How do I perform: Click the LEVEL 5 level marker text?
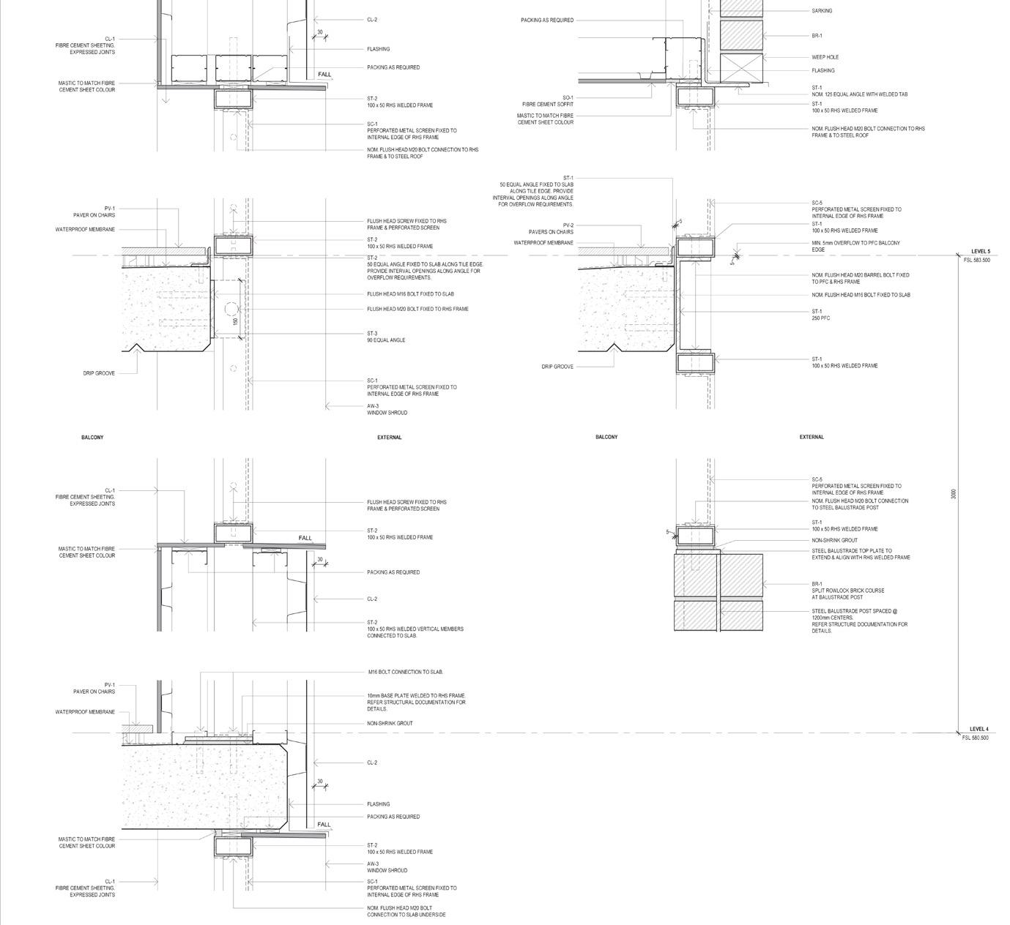coord(980,252)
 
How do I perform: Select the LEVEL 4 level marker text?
coord(979,729)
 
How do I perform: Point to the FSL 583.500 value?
coord(976,261)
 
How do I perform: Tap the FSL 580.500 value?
coord(975,738)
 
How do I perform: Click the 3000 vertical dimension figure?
coord(953,495)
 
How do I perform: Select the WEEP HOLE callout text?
coord(825,57)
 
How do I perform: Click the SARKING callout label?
coord(822,11)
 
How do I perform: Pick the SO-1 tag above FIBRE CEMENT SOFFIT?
coord(568,98)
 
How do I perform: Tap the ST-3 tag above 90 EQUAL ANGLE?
coord(372,334)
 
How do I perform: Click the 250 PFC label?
coord(820,318)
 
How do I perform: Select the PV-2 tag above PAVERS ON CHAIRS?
coord(568,225)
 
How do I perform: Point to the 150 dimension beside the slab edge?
coord(235,321)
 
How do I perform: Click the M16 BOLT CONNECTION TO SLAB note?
coord(405,672)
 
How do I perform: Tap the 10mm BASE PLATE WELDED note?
coord(416,696)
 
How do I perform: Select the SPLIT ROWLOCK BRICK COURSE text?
coord(848,591)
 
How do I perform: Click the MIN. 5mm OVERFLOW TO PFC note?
coord(855,243)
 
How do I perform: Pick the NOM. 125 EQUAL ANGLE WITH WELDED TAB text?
coord(859,94)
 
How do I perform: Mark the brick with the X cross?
coord(741,67)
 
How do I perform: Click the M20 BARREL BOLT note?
coord(860,275)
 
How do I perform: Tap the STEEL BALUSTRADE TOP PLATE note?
coord(851,551)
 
